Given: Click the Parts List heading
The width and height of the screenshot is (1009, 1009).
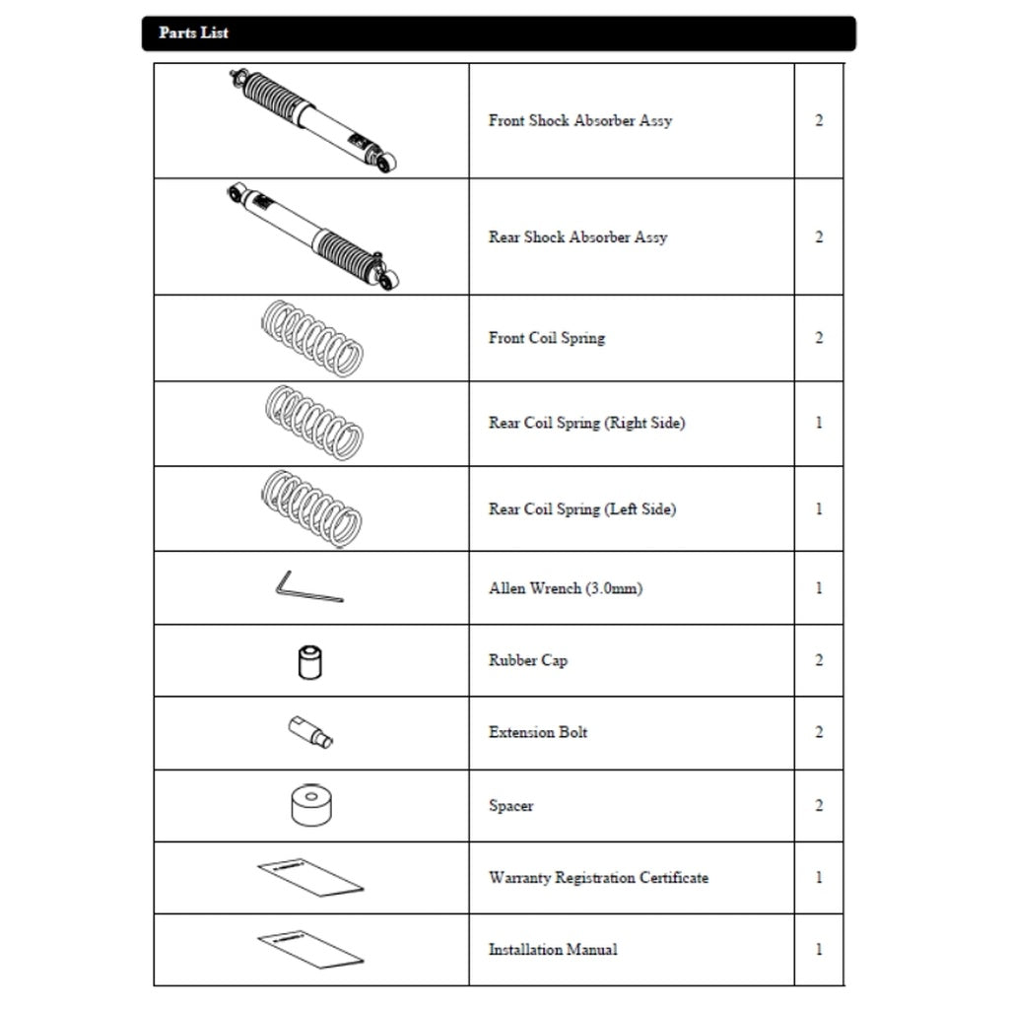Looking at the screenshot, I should tap(194, 33).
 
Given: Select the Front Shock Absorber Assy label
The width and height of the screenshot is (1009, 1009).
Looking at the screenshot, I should tap(580, 120).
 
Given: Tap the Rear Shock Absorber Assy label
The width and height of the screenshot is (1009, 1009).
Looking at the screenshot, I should tap(577, 236).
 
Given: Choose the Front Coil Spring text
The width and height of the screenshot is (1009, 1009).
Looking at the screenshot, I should tap(547, 337).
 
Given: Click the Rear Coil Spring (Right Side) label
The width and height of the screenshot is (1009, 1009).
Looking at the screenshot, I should tap(586, 423).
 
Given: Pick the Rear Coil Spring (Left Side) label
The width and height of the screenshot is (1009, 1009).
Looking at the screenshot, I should tap(582, 508).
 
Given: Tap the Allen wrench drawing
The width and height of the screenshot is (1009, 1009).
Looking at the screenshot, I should tap(307, 587).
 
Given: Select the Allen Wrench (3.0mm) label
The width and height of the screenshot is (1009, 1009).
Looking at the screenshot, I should tap(566, 588).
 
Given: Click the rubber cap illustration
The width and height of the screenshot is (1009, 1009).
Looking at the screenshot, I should tap(310, 660).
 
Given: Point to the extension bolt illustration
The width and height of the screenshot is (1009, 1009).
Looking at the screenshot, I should tap(310, 732).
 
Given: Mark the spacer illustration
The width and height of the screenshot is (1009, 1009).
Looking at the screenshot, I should tap(310, 805).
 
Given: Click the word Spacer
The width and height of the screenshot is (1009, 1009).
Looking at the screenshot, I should tap(510, 805).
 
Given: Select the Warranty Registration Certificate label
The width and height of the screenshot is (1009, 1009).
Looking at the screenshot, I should tap(598, 877).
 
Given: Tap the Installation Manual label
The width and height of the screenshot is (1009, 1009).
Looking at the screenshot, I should tap(553, 949).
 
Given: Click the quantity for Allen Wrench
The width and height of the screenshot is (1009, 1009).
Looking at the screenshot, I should tap(819, 588).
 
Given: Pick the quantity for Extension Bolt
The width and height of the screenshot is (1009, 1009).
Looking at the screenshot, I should tap(819, 732).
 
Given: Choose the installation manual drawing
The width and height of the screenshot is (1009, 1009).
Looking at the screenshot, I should tap(310, 948).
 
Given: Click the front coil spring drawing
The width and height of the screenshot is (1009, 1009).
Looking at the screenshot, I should tap(312, 339).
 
